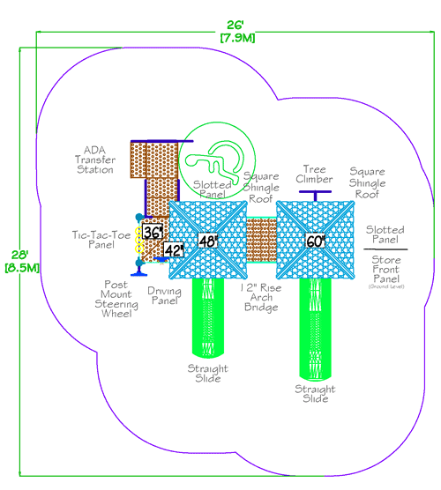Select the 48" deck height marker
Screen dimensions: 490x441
pyautogui.click(x=207, y=240)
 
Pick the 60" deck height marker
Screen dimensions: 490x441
pyautogui.click(x=315, y=240)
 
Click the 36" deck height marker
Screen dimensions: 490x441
pyautogui.click(x=153, y=233)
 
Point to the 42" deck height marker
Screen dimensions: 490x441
pyautogui.click(x=173, y=249)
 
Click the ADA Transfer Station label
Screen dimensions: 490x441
pyautogui.click(x=94, y=159)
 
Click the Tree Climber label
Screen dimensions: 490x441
pyautogui.click(x=314, y=174)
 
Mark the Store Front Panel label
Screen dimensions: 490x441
pyautogui.click(x=385, y=263)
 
